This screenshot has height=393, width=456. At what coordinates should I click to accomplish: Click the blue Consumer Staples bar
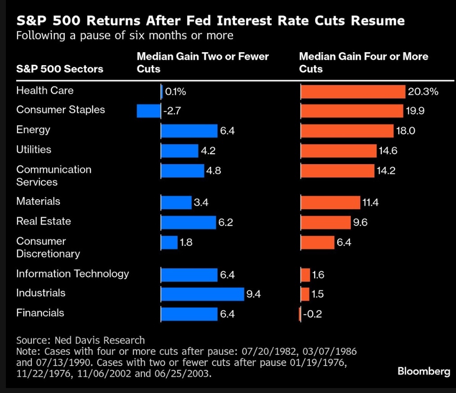pyautogui.click(x=148, y=111)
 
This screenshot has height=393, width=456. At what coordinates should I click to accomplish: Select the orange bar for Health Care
pyautogui.click(x=353, y=92)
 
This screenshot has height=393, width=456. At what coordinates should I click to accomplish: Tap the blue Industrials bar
pyautogui.click(x=202, y=294)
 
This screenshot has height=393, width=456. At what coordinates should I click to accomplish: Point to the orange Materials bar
pyautogui.click(x=330, y=203)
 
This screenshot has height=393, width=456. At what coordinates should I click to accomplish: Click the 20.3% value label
pyautogui.click(x=423, y=92)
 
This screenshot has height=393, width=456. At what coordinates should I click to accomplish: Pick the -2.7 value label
pyautogui.click(x=172, y=111)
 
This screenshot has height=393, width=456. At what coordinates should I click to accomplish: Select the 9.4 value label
pyautogui.click(x=254, y=295)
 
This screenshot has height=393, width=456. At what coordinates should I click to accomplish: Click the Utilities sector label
pyautogui.click(x=34, y=149)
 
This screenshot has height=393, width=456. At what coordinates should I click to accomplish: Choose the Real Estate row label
pyautogui.click(x=44, y=221)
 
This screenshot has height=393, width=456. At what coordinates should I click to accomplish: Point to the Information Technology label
pyautogui.click(x=72, y=273)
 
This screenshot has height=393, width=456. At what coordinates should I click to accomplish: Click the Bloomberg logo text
pyautogui.click(x=424, y=371)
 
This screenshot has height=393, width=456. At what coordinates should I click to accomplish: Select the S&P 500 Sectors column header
pyautogui.click(x=60, y=69)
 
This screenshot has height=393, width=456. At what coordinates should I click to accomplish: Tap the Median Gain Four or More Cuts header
pyautogui.click(x=363, y=63)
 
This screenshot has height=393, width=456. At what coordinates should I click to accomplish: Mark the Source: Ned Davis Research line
pyautogui.click(x=80, y=340)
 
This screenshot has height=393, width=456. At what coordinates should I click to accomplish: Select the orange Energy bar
pyautogui.click(x=347, y=131)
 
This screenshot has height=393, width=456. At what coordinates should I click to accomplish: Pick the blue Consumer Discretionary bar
pyautogui.click(x=170, y=242)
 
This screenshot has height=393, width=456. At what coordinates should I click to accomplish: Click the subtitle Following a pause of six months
pyautogui.click(x=125, y=35)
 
